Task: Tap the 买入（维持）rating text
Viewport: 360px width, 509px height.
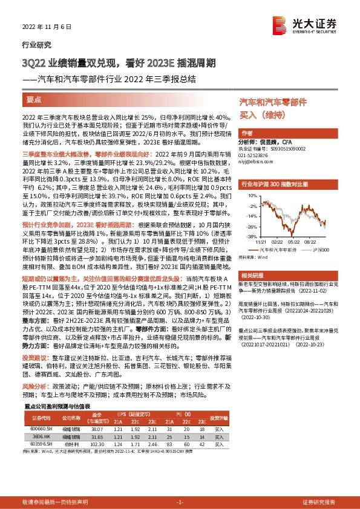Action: (256, 115)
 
